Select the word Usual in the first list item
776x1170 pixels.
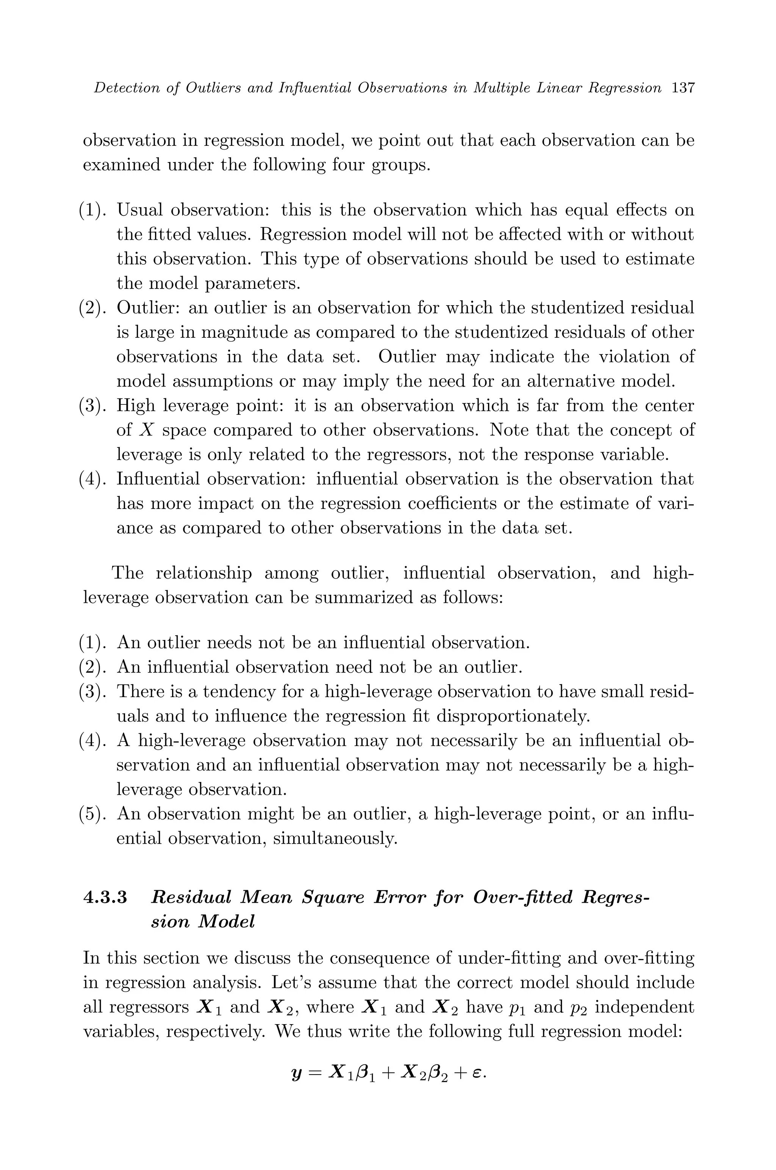point(139,210)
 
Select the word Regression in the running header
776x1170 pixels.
point(629,89)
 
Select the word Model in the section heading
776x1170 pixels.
point(226,922)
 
